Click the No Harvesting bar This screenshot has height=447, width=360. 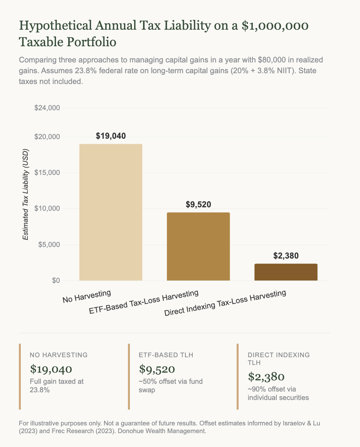coord(111,212)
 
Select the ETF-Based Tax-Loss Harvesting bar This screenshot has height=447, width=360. coord(199,246)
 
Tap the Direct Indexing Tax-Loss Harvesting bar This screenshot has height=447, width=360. coord(286,272)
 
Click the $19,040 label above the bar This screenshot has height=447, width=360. coord(111,136)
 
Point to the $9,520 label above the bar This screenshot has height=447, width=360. coord(199,204)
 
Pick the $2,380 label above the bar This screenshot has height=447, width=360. coord(286,256)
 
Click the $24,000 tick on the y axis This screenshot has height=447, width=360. coord(47,108)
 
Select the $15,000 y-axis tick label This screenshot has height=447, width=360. coord(47,173)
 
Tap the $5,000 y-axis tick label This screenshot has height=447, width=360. coord(49,245)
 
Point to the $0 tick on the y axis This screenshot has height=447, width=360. coord(56,281)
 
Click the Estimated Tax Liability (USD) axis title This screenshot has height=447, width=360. coord(25,195)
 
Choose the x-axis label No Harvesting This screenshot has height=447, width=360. coord(87,296)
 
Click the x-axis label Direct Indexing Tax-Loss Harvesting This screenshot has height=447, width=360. coord(225,303)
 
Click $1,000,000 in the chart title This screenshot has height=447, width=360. coord(275,26)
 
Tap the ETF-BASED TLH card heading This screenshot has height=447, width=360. coord(166,355)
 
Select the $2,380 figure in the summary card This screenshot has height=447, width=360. coord(266,376)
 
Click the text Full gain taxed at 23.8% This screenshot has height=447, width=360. coord(57,385)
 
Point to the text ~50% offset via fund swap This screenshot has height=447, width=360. coord(171,385)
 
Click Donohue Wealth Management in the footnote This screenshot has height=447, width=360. coord(162,431)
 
